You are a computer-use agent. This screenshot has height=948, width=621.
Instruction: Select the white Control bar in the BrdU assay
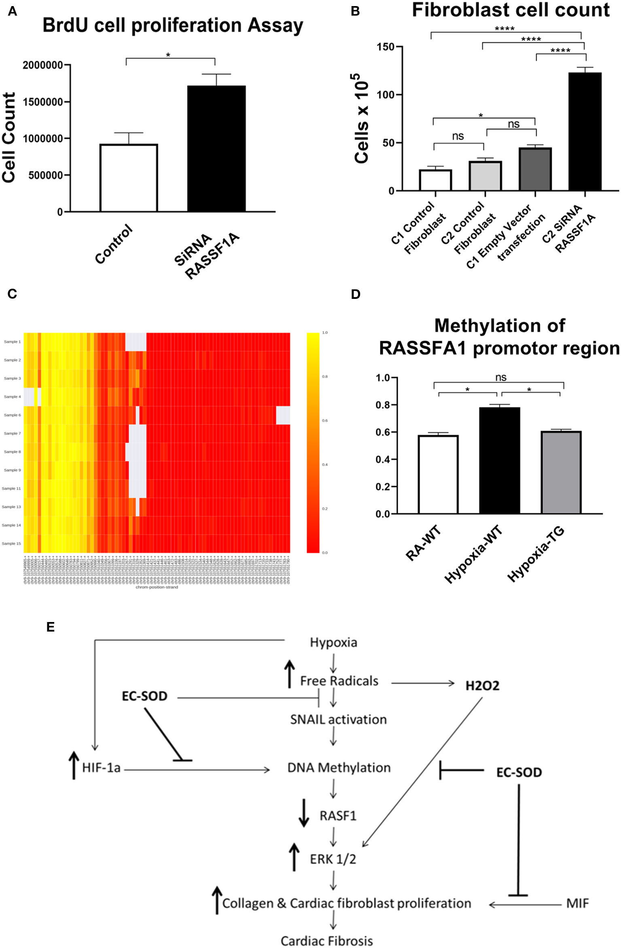coord(129,178)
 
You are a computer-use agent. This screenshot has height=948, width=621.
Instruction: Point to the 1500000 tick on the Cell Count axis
coord(43,102)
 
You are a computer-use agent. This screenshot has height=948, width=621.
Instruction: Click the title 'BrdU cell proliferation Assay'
coord(173,25)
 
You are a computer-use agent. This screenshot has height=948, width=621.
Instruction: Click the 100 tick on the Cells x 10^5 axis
coord(385,95)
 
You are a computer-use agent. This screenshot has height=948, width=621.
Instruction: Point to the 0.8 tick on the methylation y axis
coord(383,405)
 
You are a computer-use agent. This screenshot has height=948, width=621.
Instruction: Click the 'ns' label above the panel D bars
coord(500,377)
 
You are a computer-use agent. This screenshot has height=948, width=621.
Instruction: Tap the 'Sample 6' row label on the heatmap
coord(13,415)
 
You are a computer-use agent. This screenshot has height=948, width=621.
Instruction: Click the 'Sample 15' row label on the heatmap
coord(11,544)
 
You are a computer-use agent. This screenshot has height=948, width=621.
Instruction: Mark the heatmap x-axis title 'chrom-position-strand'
coord(157,587)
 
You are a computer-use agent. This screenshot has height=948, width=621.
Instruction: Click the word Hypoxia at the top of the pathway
coord(333,642)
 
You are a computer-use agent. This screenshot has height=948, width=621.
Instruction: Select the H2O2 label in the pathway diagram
coord(482,686)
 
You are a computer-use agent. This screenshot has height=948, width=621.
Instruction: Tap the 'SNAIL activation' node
coord(338,719)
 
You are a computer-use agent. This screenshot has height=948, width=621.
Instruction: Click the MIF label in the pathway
coord(577,904)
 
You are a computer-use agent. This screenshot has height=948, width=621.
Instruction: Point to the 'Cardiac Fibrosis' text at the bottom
coord(327,941)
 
